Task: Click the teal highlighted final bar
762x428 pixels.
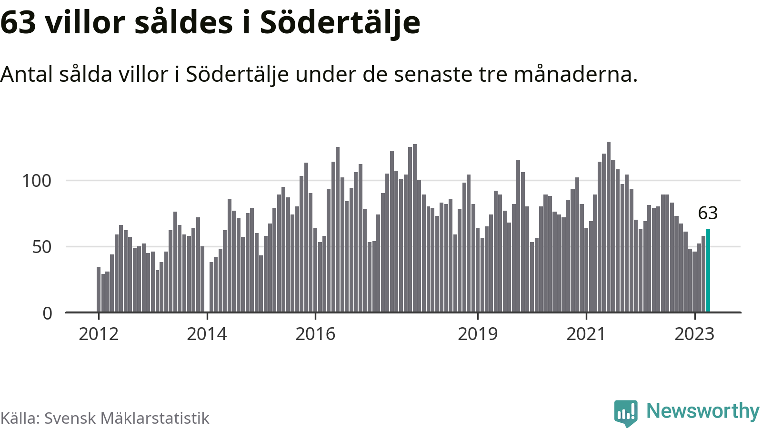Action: tap(708, 271)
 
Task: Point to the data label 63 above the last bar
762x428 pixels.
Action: tap(708, 213)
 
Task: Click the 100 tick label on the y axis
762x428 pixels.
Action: tap(37, 181)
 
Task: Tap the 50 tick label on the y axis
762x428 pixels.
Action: tap(42, 247)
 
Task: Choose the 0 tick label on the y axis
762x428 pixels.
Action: tap(47, 313)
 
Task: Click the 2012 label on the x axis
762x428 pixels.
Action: tap(99, 334)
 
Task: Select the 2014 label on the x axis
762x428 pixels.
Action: tap(207, 334)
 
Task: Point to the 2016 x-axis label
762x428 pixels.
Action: tap(315, 334)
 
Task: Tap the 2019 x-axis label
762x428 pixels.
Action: tap(478, 334)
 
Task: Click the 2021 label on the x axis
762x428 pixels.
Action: tap(586, 334)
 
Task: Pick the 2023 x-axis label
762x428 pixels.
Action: tap(694, 334)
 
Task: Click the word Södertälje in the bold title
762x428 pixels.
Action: tap(340, 23)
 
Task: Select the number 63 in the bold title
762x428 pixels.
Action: tap(18, 23)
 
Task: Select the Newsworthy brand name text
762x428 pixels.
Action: tap(703, 411)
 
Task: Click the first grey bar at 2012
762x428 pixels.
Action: tap(99, 290)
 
